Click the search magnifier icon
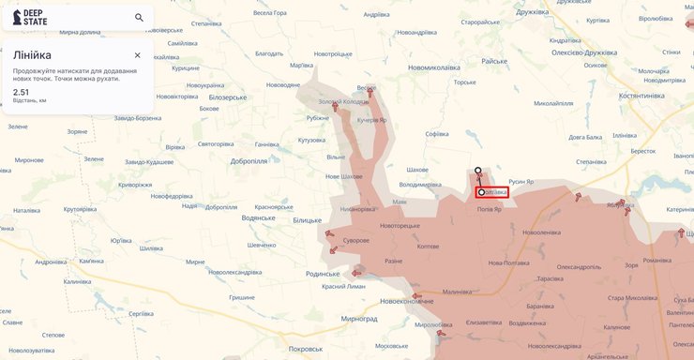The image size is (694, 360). pyautogui.click(x=139, y=17)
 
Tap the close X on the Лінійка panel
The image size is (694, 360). pyautogui.click(x=137, y=55)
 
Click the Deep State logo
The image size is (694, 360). pyautogui.click(x=31, y=17)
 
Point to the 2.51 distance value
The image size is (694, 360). pyautogui.click(x=21, y=92)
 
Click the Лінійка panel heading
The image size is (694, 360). pyautogui.click(x=32, y=55)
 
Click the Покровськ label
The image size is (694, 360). pyautogui.click(x=306, y=349)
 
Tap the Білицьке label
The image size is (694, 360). pyautogui.click(x=307, y=219)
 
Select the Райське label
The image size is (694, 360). pyautogui.click(x=494, y=60)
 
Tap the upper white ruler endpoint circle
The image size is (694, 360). pyautogui.click(x=478, y=171)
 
